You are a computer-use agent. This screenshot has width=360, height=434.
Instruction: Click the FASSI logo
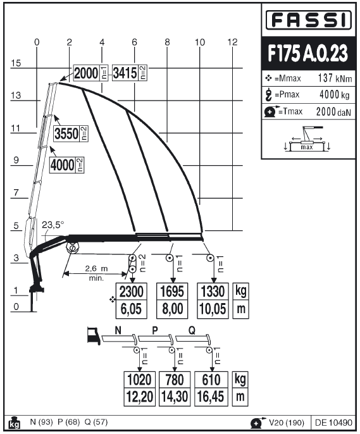pos(308,20)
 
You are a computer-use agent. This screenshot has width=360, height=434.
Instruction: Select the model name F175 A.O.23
pos(307,53)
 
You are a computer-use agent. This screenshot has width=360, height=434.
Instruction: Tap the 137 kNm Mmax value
pos(335,78)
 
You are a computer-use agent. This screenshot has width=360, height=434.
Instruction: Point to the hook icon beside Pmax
pos(268,95)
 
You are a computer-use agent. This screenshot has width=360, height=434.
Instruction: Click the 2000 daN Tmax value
pos(333,111)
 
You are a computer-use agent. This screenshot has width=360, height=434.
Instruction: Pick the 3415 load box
pos(130,73)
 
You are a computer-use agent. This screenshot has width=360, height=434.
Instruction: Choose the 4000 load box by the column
pos(66,165)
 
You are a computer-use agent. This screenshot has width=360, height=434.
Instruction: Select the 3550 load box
pos(71,133)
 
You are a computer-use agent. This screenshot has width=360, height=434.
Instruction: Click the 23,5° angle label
pos(53,225)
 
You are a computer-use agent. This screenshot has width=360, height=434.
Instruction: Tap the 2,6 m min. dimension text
pos(96,273)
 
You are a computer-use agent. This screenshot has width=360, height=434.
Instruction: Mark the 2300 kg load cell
pos(131,292)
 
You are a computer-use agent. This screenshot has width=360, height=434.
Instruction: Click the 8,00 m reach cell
pos(172,309)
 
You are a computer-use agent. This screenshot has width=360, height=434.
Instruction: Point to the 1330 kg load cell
pos(213,292)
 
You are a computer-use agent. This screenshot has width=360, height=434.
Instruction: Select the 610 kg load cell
pos(211,380)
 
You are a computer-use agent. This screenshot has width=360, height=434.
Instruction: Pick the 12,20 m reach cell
pos(139,397)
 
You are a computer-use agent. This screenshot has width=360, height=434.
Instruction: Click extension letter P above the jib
pos(155,330)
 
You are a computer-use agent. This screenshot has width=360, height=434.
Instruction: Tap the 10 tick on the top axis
pos(200,42)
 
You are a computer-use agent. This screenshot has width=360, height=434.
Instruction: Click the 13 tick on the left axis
pos(16,96)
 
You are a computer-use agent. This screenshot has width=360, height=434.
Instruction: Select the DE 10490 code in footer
pos(333,423)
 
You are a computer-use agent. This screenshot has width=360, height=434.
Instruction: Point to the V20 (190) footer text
pos(287,423)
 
